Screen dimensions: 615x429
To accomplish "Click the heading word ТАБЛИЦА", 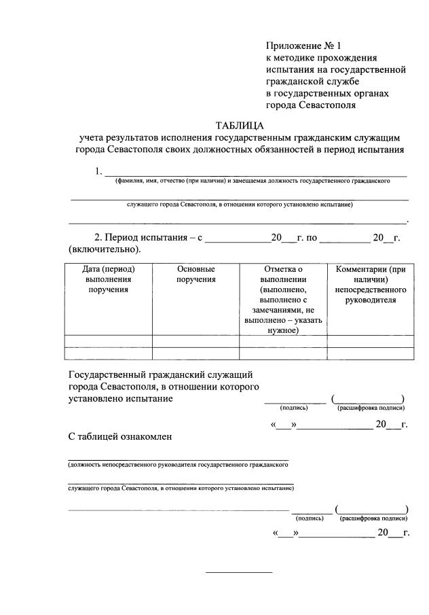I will tap(240, 126).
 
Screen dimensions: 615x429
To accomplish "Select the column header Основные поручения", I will tap(195, 275).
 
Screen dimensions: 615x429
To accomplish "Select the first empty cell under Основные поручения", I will tap(195, 341).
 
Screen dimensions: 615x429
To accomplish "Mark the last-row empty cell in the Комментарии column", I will tap(371, 353).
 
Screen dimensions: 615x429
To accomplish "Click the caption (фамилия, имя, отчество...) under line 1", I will tap(252, 181).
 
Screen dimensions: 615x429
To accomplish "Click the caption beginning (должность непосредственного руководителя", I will tap(179, 465).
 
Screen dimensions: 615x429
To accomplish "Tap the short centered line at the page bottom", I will tap(238, 572).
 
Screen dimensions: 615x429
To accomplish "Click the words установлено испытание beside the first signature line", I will tap(121, 399).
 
